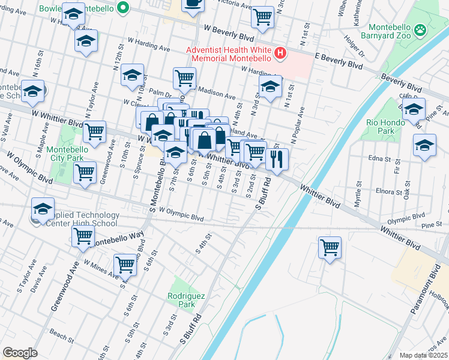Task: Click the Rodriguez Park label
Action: [x=182, y=300]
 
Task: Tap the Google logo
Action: [x=20, y=352]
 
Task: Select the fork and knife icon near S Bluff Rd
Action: [x=276, y=158]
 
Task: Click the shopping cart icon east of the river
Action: [x=329, y=247]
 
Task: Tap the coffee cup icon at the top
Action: [x=193, y=4]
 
